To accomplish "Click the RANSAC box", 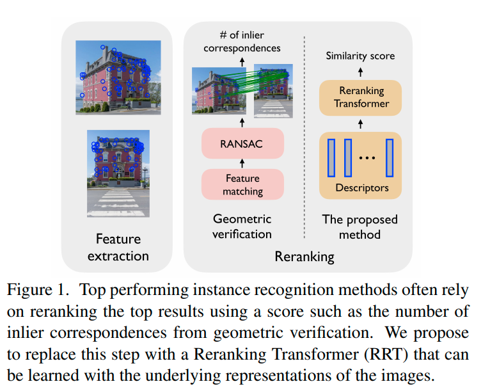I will click(241, 144).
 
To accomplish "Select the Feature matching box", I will click(242, 184).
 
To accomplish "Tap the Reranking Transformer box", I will click(361, 98).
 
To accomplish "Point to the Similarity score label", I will click(360, 56).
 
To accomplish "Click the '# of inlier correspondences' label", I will click(242, 42).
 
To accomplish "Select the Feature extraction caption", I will click(118, 247).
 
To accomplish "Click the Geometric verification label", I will click(242, 227).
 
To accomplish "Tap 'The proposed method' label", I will click(360, 227).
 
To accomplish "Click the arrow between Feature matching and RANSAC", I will click(242, 163).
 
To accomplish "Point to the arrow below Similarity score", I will click(360, 71).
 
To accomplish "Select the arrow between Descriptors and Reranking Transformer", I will click(360, 124).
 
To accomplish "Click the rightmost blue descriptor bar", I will click(389, 157).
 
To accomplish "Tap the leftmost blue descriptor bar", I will click(331, 157).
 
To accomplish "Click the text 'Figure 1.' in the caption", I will click(37, 290).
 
